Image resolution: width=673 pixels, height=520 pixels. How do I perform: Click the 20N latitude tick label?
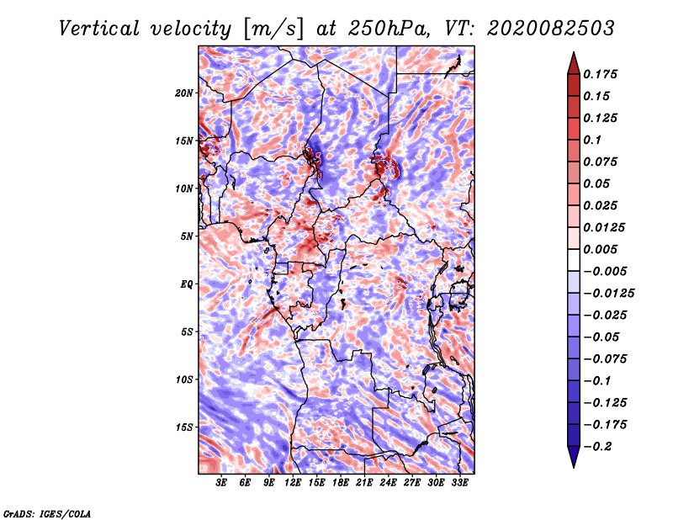[184, 93]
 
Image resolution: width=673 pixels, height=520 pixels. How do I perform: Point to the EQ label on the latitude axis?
[186, 284]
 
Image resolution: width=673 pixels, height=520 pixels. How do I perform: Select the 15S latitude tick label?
[184, 427]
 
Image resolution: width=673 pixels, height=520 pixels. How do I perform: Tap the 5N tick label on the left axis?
[186, 236]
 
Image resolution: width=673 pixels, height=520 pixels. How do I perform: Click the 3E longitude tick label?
[221, 483]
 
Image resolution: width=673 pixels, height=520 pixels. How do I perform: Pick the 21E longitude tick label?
[364, 483]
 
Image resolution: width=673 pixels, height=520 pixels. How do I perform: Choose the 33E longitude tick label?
[459, 483]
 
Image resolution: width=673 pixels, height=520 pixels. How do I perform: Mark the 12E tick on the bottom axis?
[293, 483]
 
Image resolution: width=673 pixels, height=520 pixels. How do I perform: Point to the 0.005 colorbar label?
[602, 249]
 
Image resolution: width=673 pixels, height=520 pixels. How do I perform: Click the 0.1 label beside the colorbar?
[594, 140]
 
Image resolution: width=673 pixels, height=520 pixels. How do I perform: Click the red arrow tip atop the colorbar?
[573, 61]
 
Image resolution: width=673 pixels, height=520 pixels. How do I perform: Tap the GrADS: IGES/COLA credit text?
[47, 512]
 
